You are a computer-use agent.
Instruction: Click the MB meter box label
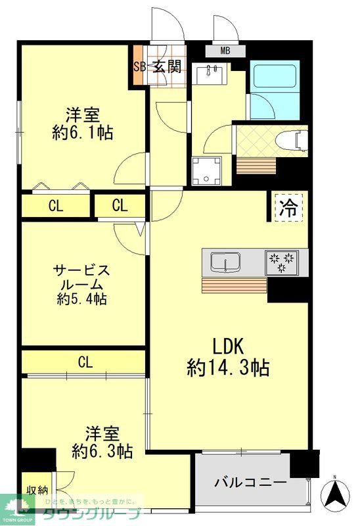pos(225,50)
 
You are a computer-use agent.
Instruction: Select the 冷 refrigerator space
pos(288,208)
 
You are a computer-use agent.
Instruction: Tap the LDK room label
pos(228,345)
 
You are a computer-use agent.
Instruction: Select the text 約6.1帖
pos(83,133)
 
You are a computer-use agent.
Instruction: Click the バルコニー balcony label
pos(250,483)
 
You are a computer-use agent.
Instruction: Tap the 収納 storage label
pos(37,490)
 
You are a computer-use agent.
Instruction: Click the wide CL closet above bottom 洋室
pos(84,362)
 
